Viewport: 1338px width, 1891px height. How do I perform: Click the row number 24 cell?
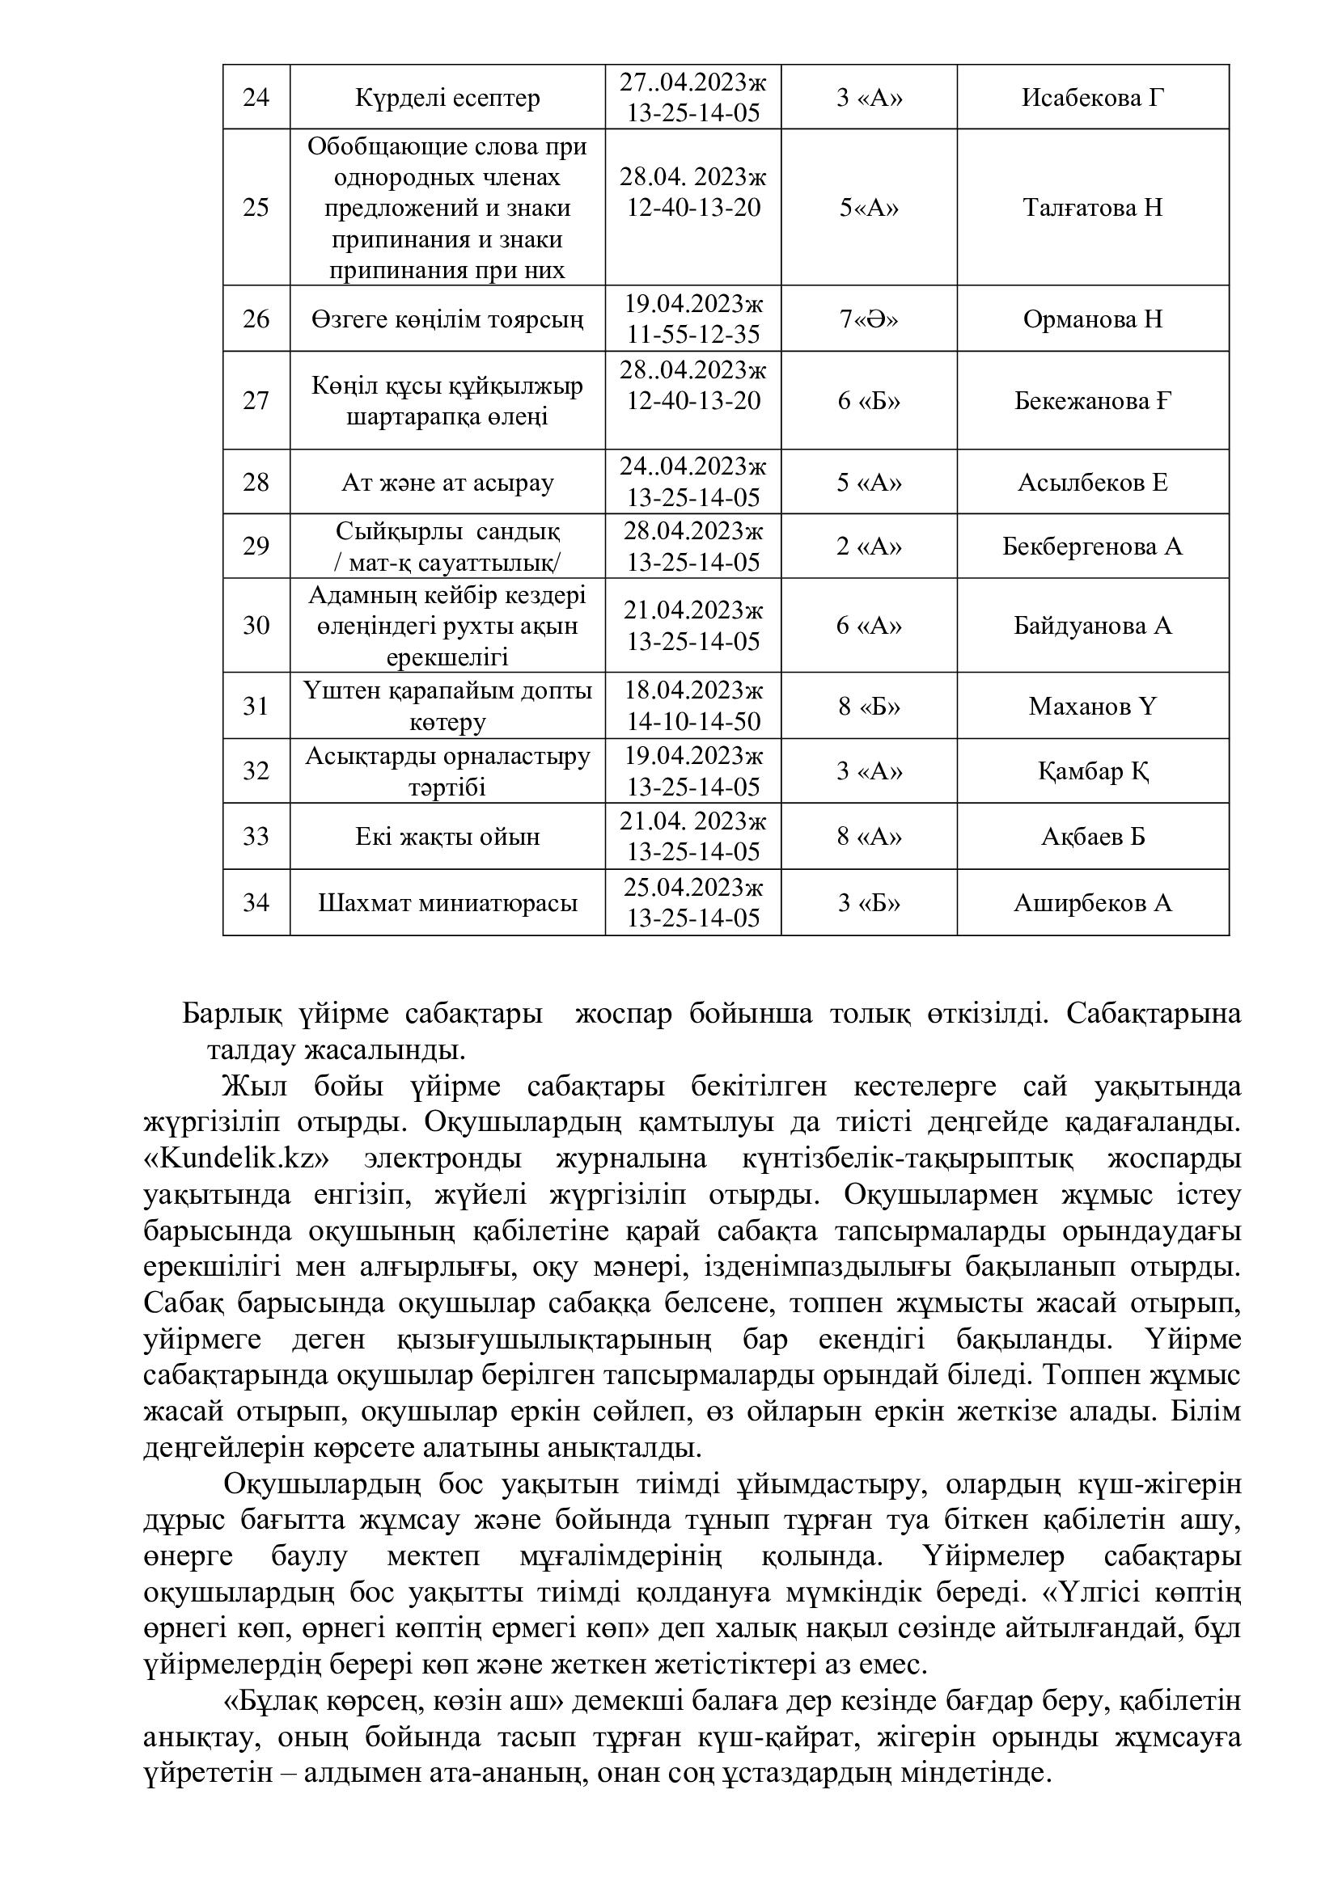(x=256, y=97)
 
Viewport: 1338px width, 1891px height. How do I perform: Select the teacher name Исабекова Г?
(x=1092, y=98)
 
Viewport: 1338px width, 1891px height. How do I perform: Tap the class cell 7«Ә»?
(x=868, y=319)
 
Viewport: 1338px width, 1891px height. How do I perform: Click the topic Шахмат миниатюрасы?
(x=447, y=904)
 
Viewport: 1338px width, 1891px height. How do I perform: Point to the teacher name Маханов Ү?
(x=1092, y=706)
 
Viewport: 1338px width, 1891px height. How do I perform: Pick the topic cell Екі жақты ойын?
(x=447, y=837)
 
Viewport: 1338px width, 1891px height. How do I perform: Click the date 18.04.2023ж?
(x=693, y=690)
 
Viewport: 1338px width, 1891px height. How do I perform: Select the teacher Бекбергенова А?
(x=1092, y=547)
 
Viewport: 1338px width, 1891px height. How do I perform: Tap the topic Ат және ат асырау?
(x=447, y=482)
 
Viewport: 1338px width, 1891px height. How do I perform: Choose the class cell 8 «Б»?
(x=868, y=706)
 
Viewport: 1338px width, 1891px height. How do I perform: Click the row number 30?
(x=256, y=626)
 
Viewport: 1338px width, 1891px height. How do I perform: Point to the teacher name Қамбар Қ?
(x=1092, y=772)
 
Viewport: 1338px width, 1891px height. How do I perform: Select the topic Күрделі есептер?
(x=447, y=98)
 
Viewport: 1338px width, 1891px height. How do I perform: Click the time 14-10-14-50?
(x=693, y=722)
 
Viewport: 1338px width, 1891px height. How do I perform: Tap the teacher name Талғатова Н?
(x=1092, y=207)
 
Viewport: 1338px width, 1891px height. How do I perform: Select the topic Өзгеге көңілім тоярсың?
(x=447, y=319)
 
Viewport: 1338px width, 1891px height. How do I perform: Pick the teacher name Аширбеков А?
(x=1092, y=904)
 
